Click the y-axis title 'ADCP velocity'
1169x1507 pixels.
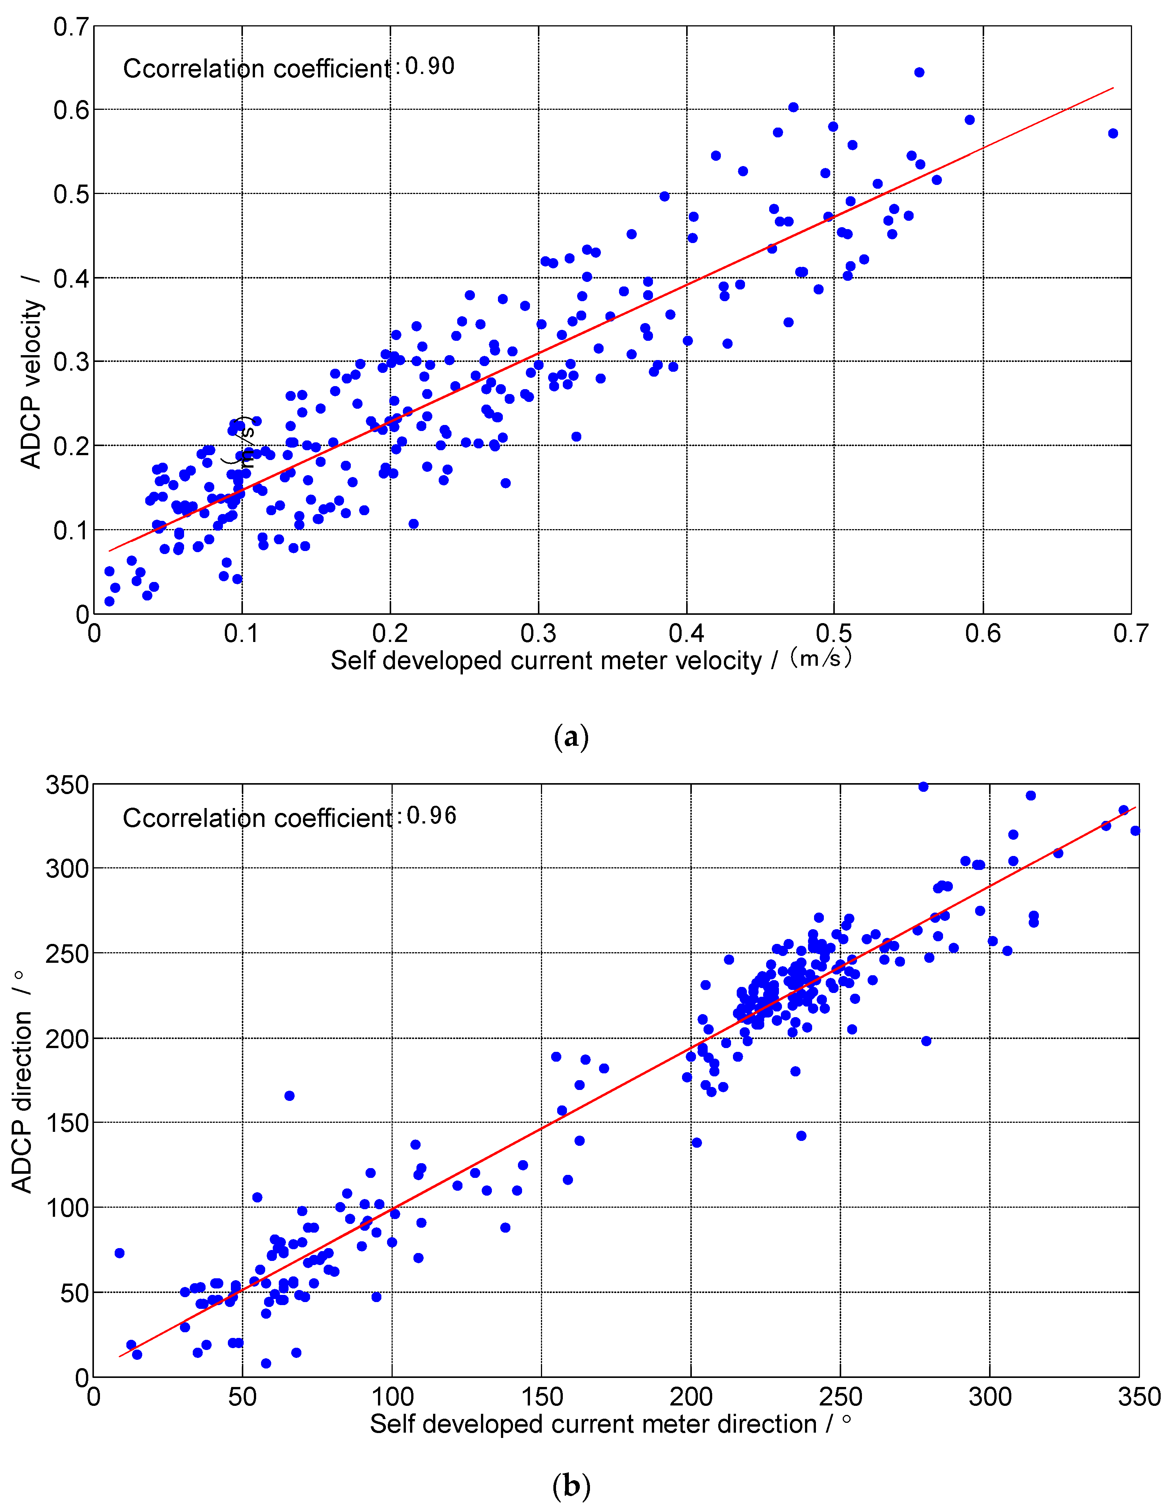coord(31,383)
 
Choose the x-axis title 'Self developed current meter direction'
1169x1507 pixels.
coord(593,1424)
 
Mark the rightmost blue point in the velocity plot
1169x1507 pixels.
coord(1112,133)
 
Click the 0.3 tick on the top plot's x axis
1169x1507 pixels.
coord(538,633)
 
